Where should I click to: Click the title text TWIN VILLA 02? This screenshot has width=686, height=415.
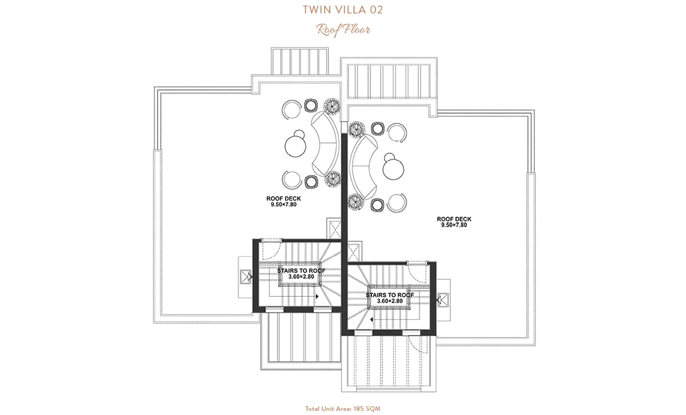click(342, 10)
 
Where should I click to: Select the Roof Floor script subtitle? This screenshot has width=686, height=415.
click(344, 30)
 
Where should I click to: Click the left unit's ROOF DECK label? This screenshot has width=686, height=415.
click(283, 199)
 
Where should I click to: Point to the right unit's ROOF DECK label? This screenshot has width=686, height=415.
click(454, 219)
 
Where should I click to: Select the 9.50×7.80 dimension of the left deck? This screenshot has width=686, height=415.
click(283, 205)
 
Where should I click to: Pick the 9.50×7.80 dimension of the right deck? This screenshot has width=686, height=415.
click(454, 225)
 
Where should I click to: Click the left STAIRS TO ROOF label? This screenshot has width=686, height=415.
click(301, 271)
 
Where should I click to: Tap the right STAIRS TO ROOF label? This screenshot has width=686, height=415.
click(390, 295)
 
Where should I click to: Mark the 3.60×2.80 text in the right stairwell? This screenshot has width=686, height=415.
click(390, 301)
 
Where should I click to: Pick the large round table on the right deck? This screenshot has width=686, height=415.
click(394, 168)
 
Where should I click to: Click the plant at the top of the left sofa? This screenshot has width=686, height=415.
click(332, 105)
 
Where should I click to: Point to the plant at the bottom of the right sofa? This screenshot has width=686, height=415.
click(356, 202)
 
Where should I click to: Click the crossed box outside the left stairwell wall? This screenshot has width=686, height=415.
click(244, 276)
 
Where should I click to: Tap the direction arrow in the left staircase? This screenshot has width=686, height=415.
click(316, 296)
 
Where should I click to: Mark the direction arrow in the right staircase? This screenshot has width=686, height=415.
click(371, 320)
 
